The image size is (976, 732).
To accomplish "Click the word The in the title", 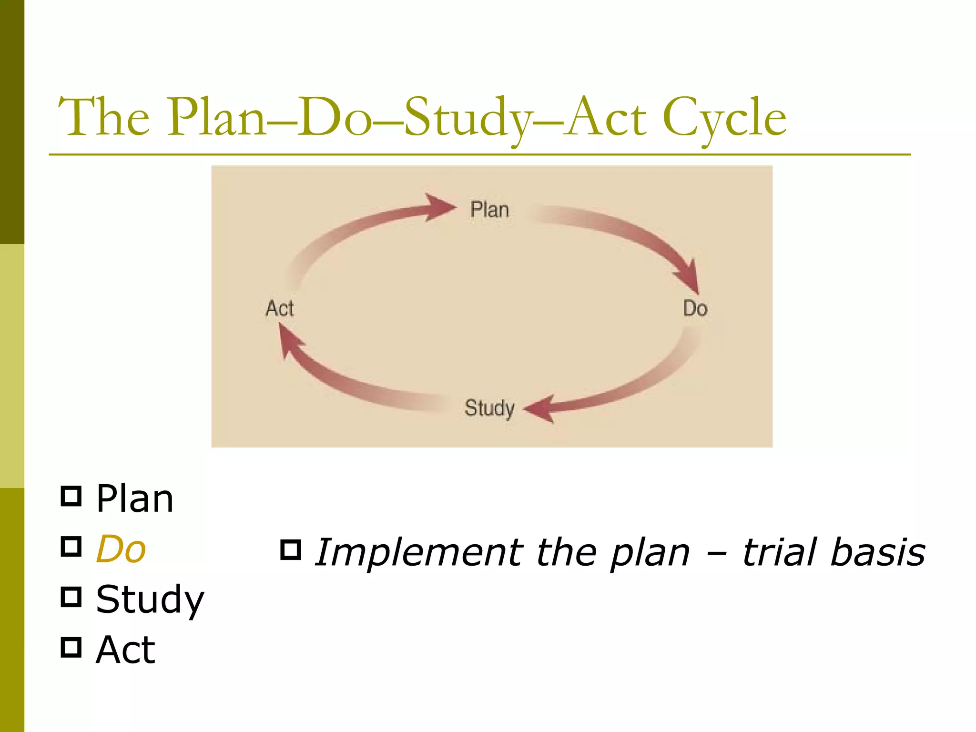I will pos(103,117).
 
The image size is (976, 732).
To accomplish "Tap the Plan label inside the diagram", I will pos(489,210).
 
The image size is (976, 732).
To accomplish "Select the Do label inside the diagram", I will pos(695,308).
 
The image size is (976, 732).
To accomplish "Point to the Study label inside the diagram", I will pos(489,408).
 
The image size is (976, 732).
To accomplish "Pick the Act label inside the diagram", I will pos(280,308).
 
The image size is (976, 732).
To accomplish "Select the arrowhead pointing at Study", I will pos(541,409).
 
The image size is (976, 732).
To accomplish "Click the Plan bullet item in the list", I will pos(135,498).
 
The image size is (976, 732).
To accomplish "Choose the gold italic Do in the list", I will pos(121,549).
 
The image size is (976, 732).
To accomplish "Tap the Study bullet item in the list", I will pos(150,600).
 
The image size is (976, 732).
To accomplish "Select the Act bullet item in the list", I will pos(125,650).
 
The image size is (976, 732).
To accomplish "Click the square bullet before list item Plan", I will pos(71,496).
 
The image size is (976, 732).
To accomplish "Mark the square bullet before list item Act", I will pos(71,647).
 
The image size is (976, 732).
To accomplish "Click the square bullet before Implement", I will pos(291,549).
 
